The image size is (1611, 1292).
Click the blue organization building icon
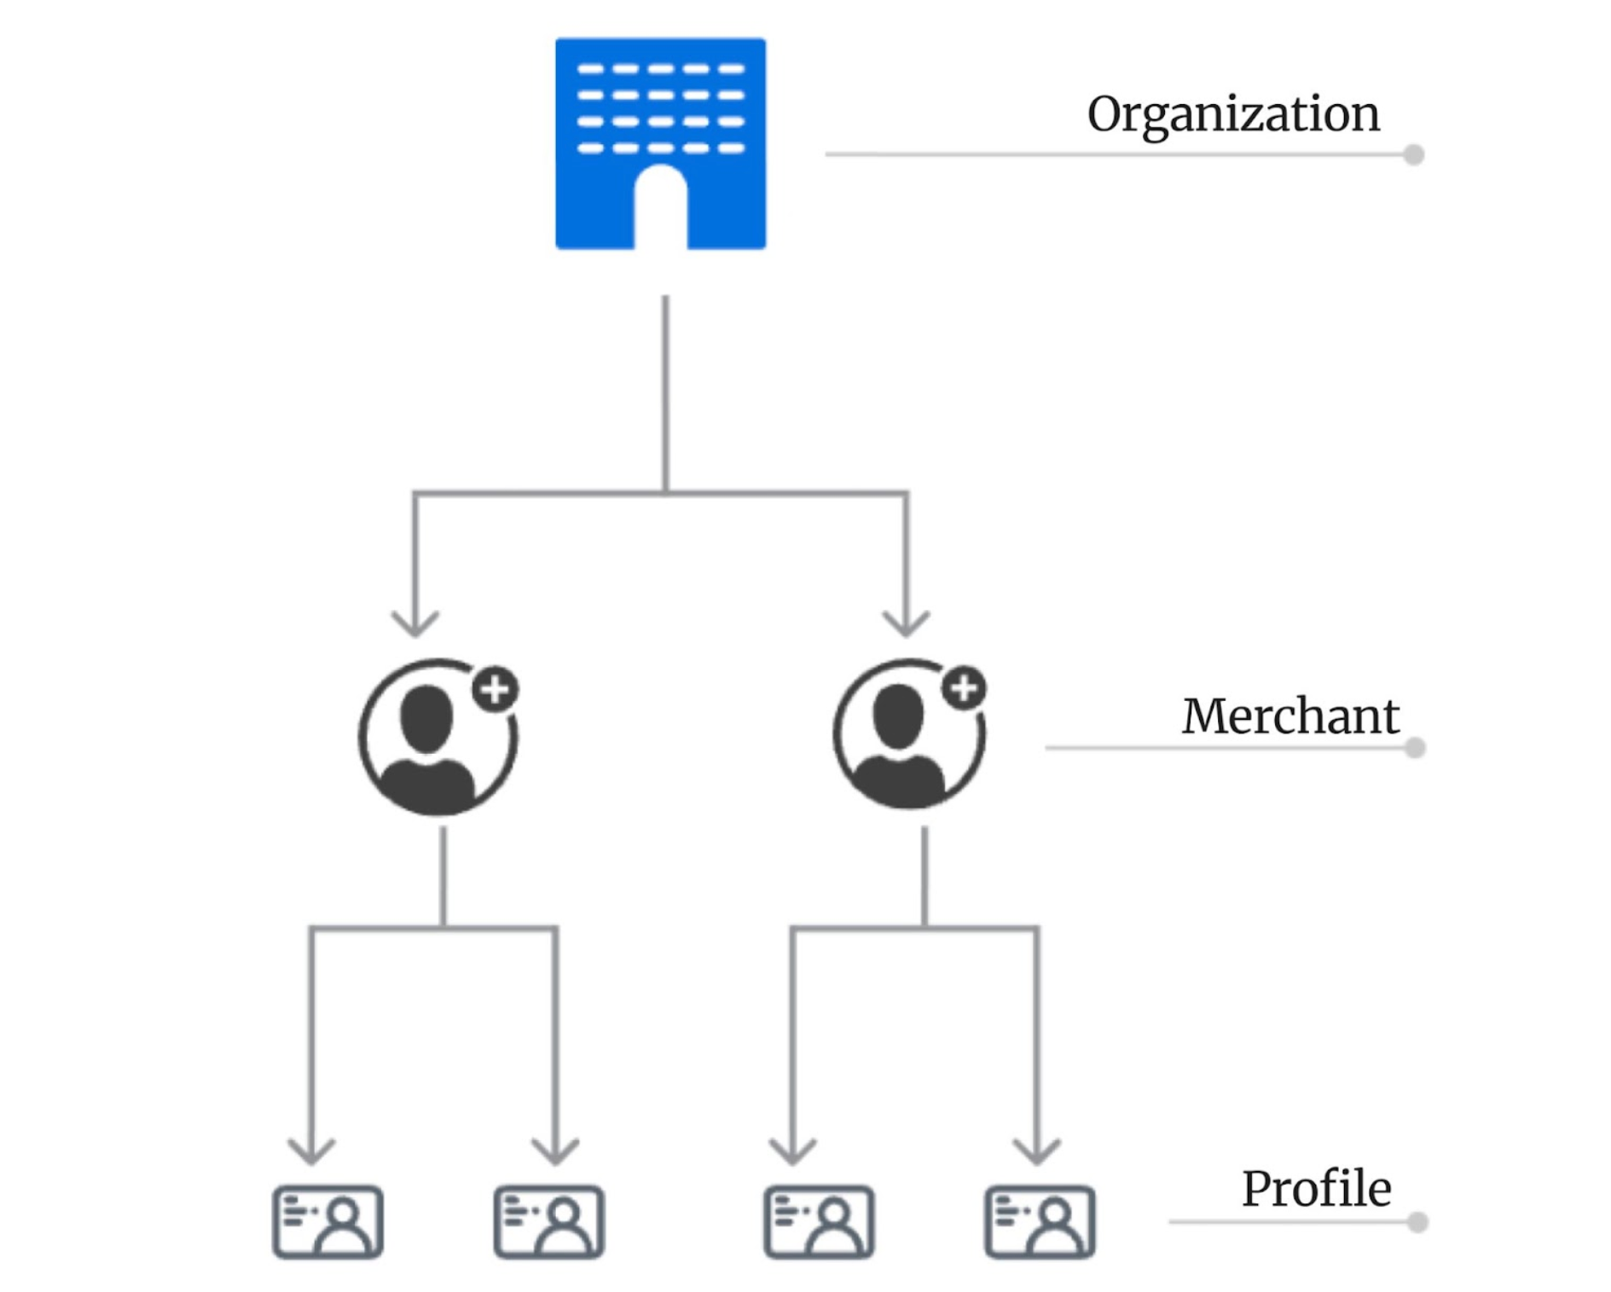(x=659, y=111)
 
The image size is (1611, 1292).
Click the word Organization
(x=1232, y=114)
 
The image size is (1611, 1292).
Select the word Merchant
(x=1289, y=716)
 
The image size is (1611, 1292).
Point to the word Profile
(x=1315, y=1189)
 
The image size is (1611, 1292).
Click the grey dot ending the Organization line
(x=1413, y=154)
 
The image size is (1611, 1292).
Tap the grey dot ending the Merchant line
(x=1414, y=748)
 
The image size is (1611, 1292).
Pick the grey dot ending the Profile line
(x=1417, y=1222)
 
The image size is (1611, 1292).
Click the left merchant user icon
(x=435, y=739)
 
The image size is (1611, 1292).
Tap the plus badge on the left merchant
(x=495, y=688)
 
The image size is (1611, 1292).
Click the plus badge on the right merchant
(x=964, y=687)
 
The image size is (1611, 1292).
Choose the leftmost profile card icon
(x=327, y=1221)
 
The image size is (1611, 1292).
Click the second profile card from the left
(x=549, y=1221)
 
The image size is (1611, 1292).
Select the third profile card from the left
(x=818, y=1221)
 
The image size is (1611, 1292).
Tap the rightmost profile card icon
(x=1039, y=1221)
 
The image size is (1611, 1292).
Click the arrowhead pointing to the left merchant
(x=414, y=625)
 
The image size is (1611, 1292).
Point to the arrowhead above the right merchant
(x=906, y=625)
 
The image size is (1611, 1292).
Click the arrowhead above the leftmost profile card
(x=311, y=1152)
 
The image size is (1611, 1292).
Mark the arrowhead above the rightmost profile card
(x=1036, y=1152)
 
